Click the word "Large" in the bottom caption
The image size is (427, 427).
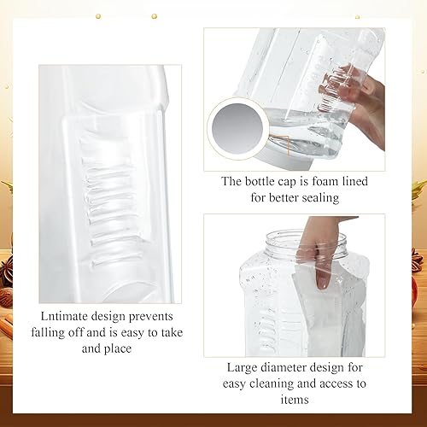click(246, 367)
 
